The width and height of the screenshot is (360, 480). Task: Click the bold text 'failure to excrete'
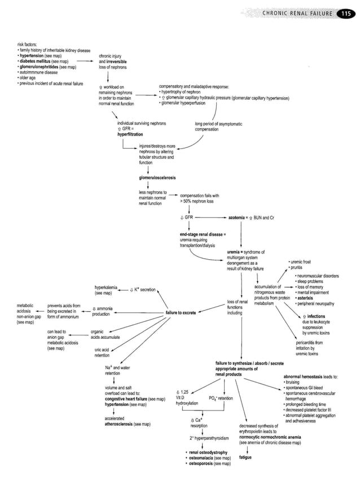pyautogui.click(x=181, y=312)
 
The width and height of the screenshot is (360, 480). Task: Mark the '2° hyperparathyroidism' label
pyautogui.click(x=209, y=438)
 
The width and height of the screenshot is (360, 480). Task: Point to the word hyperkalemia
pyautogui.click(x=107, y=287)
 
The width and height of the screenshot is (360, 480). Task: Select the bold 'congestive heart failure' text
pyautogui.click(x=128, y=399)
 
